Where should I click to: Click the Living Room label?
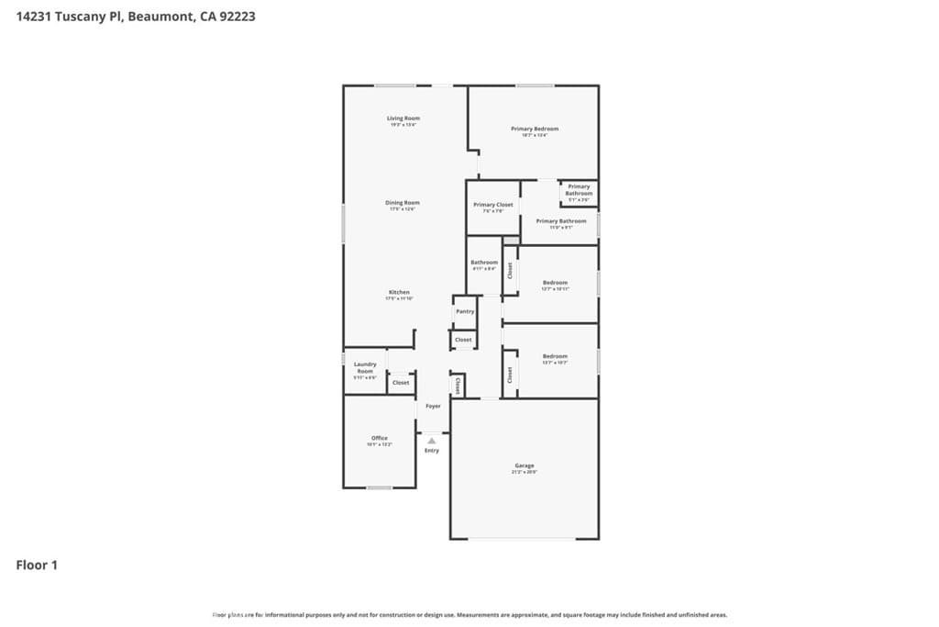tap(403, 118)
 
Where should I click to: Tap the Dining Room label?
tap(403, 203)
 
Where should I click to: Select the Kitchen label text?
tap(399, 293)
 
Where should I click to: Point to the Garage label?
tap(525, 466)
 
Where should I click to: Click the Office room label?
tap(380, 439)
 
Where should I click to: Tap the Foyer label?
tap(433, 406)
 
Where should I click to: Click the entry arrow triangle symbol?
tap(432, 441)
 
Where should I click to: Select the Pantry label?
tap(465, 311)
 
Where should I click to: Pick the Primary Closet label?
tap(493, 205)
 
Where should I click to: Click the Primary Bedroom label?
tap(535, 129)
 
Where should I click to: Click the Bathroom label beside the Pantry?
tap(484, 263)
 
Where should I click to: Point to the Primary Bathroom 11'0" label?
tap(560, 221)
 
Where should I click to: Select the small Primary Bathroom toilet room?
tap(579, 191)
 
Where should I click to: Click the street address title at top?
tap(136, 16)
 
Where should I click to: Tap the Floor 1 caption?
tap(37, 565)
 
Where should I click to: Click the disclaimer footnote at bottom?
tap(469, 615)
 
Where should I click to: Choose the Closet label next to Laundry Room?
tap(401, 383)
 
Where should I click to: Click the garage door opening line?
tap(525, 539)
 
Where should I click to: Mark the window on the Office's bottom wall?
tap(380, 487)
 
